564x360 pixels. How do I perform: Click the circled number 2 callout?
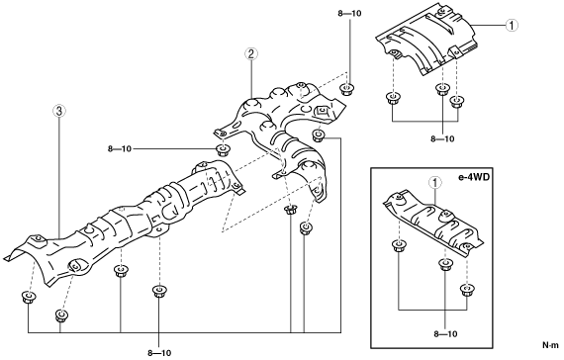click(250, 54)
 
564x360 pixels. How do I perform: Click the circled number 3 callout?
click(59, 111)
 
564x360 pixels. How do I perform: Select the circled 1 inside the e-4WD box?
click(435, 183)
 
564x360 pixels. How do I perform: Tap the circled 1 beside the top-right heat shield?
click(512, 25)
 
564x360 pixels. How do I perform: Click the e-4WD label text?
click(474, 177)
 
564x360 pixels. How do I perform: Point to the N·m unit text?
click(550, 345)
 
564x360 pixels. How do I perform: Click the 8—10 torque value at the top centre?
click(349, 14)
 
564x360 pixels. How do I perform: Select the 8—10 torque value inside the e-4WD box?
click(445, 334)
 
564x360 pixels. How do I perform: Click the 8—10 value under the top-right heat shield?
click(442, 138)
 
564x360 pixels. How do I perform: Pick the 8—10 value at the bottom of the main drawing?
click(159, 353)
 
